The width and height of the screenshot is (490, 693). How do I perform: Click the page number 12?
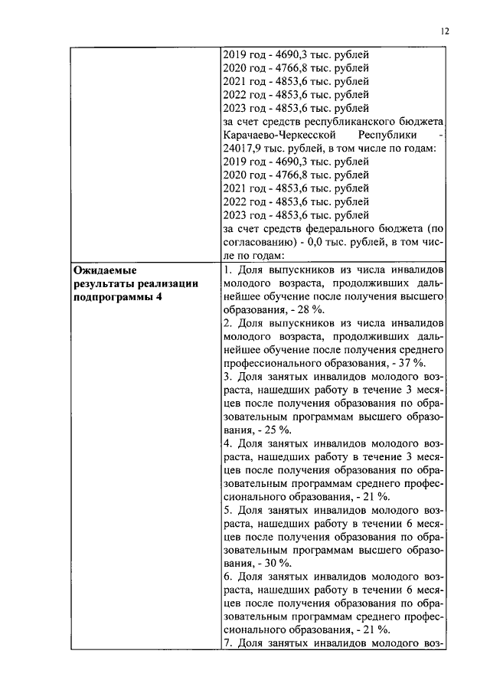click(446, 31)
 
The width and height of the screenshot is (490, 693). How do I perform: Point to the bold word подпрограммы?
click(110, 297)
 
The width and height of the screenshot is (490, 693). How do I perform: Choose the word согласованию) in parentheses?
click(259, 242)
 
